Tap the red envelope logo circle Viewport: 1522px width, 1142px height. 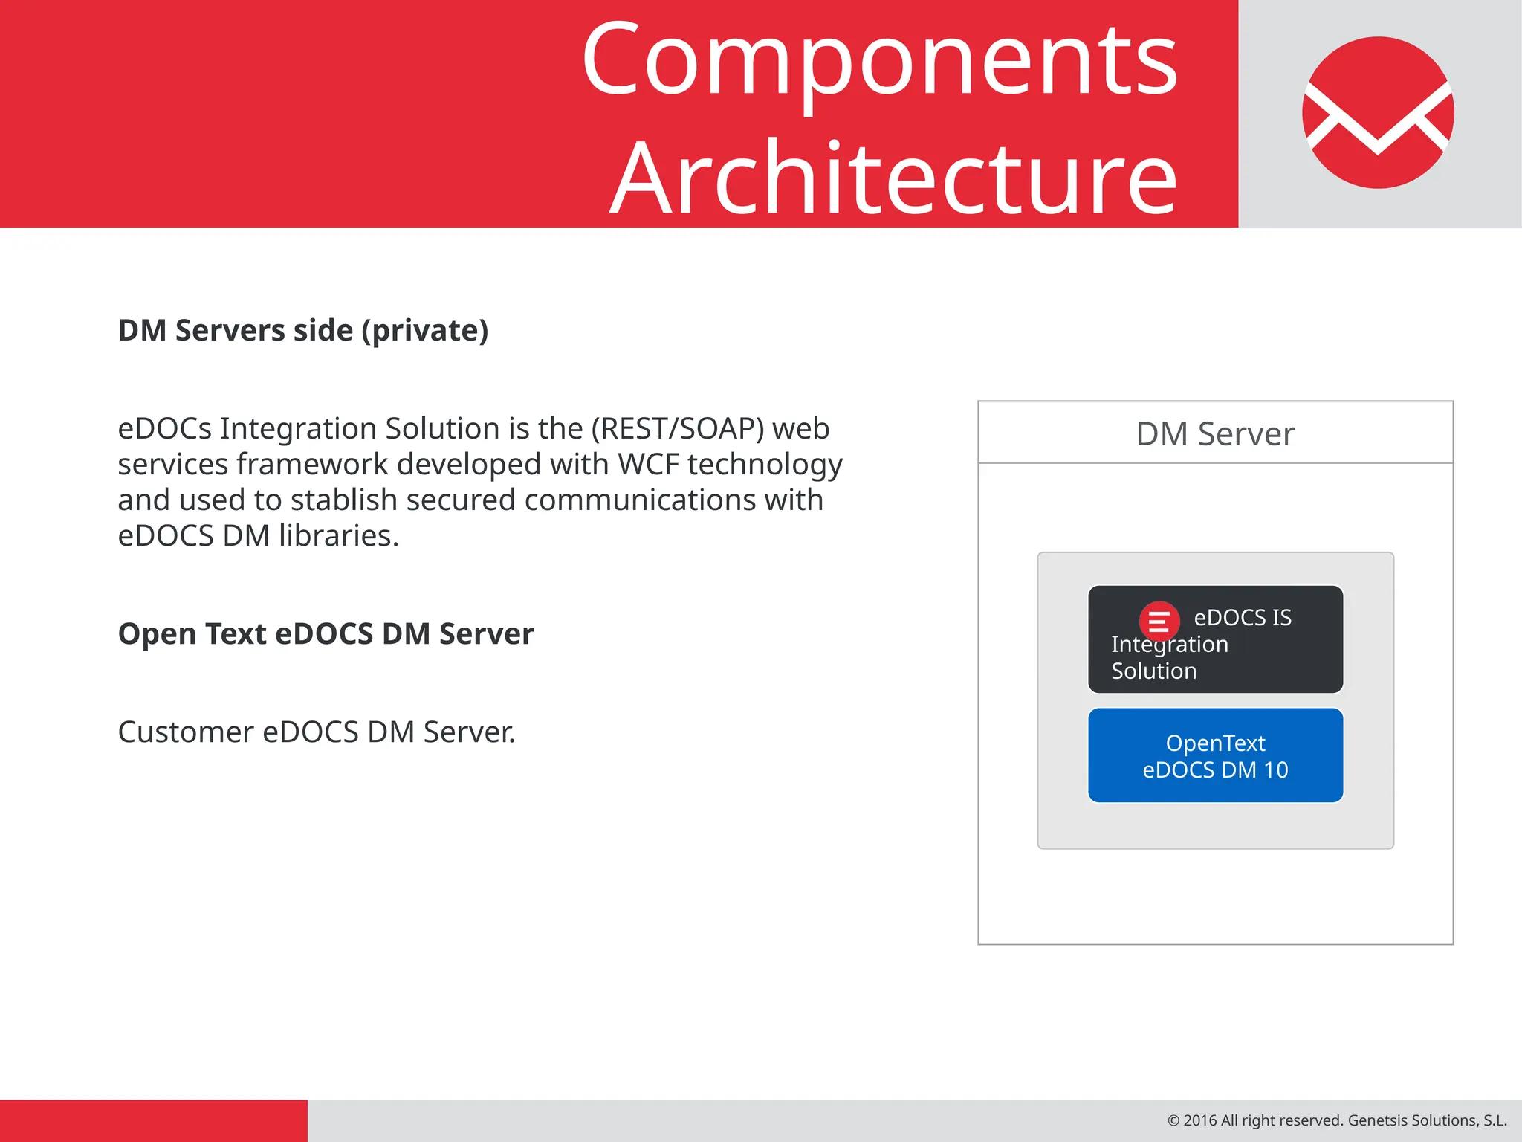click(1378, 112)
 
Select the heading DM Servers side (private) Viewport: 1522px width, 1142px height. click(303, 330)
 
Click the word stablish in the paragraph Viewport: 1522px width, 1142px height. click(343, 500)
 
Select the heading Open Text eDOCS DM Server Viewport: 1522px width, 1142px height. click(326, 634)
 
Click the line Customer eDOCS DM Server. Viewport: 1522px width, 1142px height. click(317, 732)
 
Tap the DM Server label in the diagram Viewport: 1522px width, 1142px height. click(1215, 434)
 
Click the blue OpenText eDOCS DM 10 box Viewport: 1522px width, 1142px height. click(1215, 755)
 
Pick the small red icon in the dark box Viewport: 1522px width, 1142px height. click(1159, 621)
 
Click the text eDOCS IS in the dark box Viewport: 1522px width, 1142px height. click(1243, 618)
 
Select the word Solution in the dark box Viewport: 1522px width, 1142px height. click(1153, 671)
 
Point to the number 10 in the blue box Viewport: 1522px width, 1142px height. click(1275, 770)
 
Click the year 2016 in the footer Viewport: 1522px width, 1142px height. click(1199, 1120)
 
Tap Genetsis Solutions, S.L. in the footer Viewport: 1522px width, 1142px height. click(1427, 1120)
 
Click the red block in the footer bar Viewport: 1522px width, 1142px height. click(153, 1120)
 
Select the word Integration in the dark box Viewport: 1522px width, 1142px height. click(1169, 645)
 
